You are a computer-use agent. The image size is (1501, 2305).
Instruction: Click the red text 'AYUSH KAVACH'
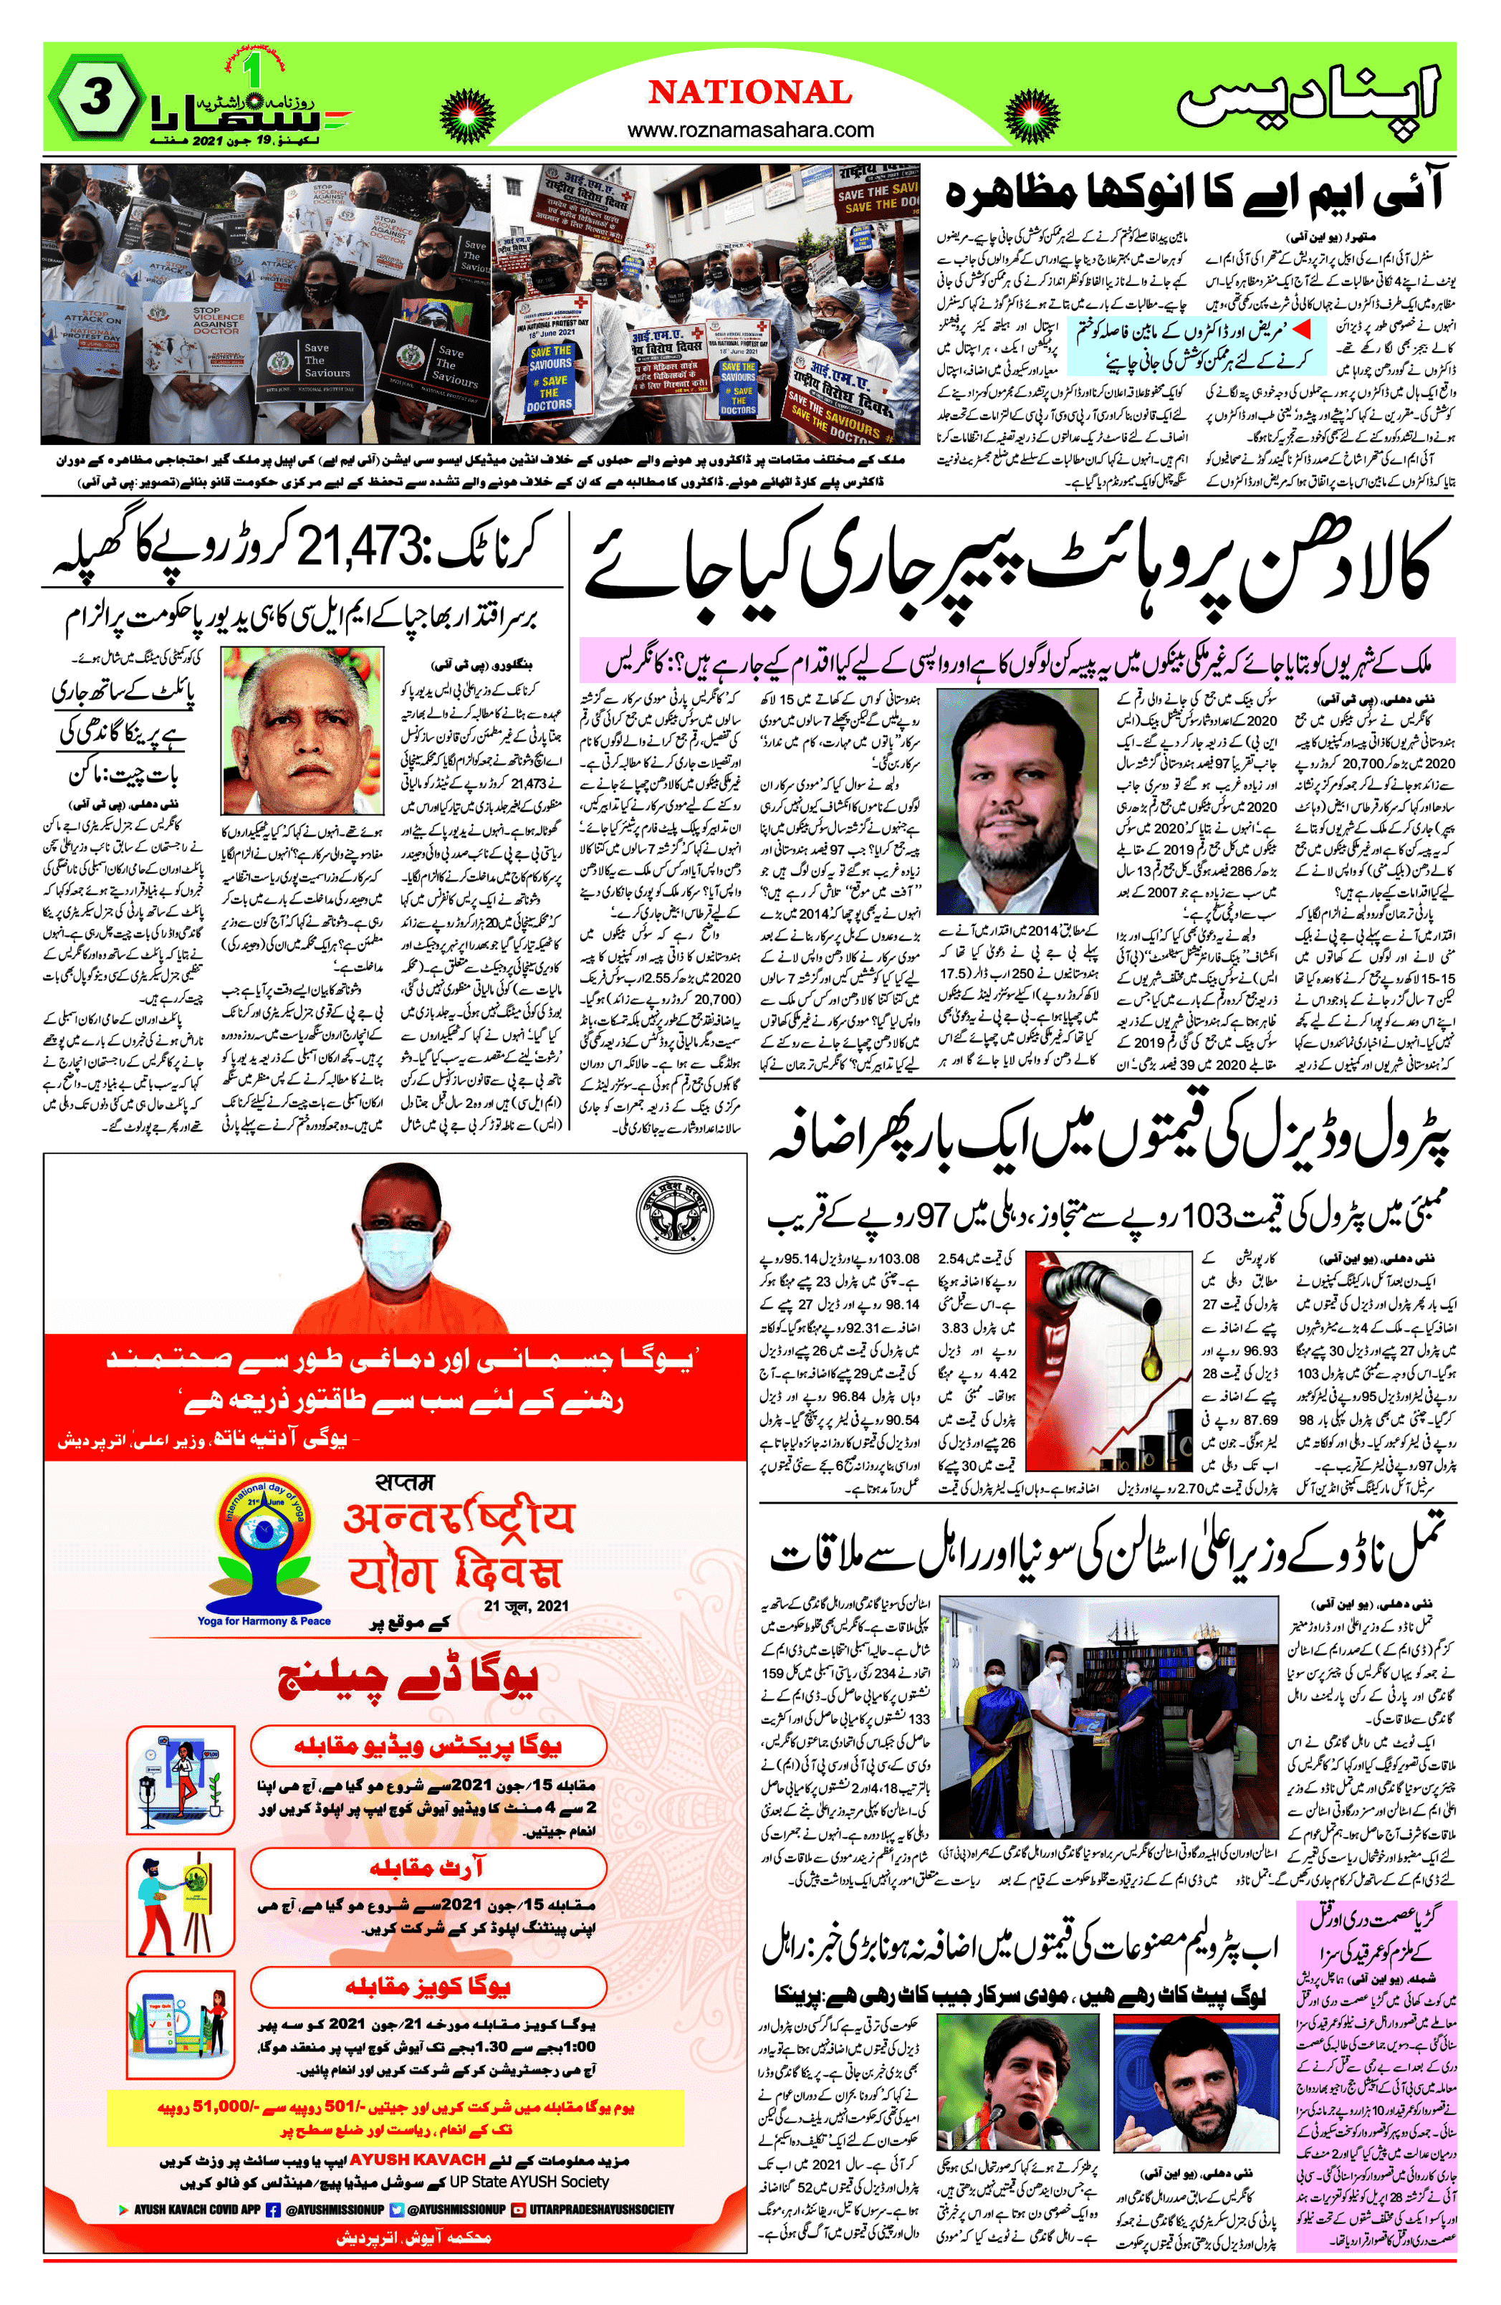click(416, 2159)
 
